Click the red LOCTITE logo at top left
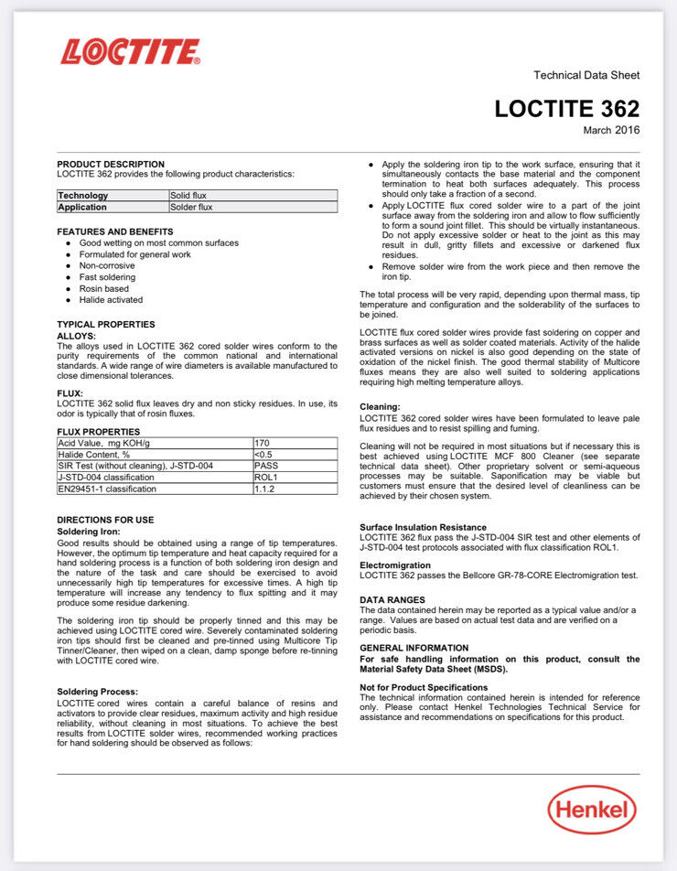pos(130,51)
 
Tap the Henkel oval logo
pos(592,810)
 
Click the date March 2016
pos(611,130)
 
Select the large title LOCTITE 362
pos(567,108)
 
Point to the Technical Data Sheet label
pos(586,75)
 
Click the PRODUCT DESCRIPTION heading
pos(111,164)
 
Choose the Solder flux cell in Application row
pos(191,207)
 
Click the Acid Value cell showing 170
pos(262,443)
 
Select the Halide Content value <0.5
pos(263,454)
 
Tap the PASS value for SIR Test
pos(265,466)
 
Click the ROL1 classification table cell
pos(265,478)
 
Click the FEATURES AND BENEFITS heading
pos(115,231)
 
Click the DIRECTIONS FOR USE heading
pos(105,520)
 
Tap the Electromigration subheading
pos(394,565)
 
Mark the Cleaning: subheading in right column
pos(380,406)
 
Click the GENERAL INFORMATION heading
pos(414,647)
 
